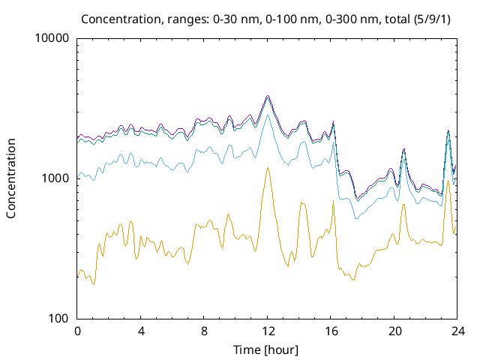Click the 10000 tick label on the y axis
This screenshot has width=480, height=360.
pyautogui.click(x=52, y=38)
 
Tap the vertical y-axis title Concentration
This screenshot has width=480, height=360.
pyautogui.click(x=11, y=178)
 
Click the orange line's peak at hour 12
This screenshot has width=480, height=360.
pyautogui.click(x=268, y=168)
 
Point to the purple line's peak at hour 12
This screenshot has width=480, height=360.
pyautogui.click(x=268, y=96)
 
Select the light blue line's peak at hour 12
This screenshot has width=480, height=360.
pyautogui.click(x=268, y=115)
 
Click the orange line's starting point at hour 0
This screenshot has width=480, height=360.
pyautogui.click(x=78, y=276)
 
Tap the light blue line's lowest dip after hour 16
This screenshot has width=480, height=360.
pyautogui.click(x=356, y=217)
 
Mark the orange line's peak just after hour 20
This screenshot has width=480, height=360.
pyautogui.click(x=403, y=205)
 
